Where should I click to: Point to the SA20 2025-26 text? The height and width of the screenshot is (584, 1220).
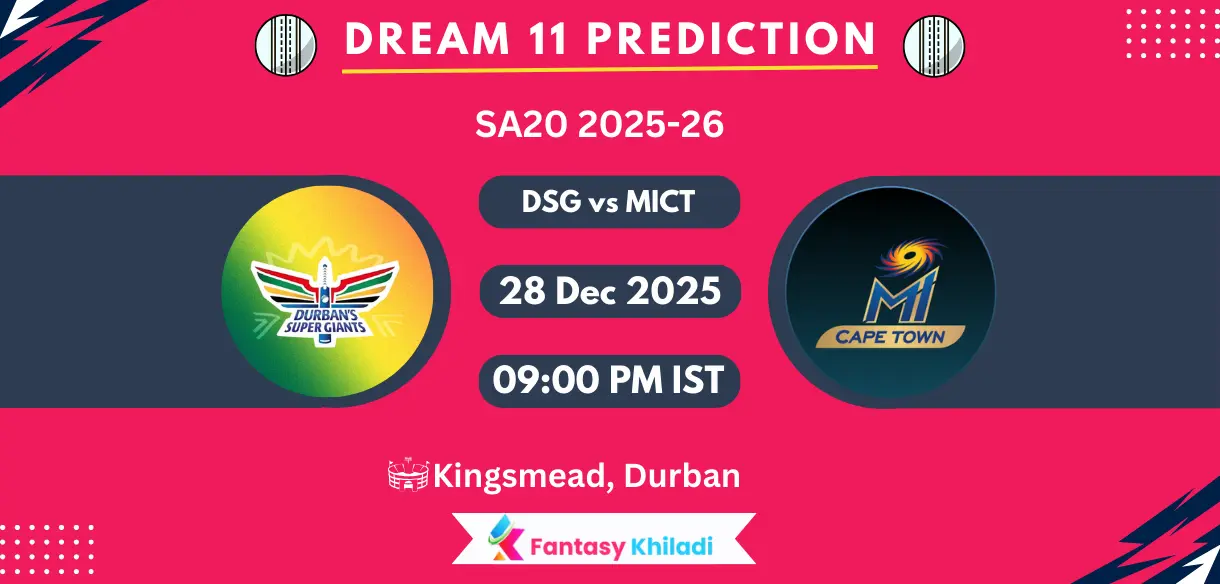coord(599,125)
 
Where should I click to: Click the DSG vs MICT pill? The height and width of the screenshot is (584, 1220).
coord(609,202)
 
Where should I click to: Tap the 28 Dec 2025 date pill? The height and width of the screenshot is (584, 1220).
coord(609,291)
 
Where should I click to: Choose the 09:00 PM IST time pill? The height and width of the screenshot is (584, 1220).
coord(609,380)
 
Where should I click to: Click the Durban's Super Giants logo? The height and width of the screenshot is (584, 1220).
coord(327,291)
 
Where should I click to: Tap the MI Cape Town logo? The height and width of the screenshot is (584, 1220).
coord(890,291)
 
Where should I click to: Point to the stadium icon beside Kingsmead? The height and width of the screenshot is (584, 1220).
coord(408,476)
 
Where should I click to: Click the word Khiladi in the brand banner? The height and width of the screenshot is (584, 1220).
coord(677,547)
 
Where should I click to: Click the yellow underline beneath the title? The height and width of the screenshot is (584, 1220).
coord(609,68)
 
